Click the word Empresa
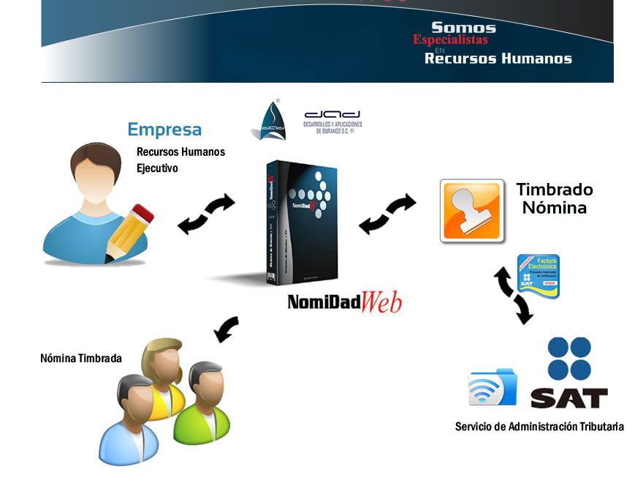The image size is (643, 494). tap(164, 130)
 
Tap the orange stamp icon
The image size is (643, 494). tap(472, 211)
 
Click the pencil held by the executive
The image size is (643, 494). tap(129, 230)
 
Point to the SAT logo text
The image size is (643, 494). tap(568, 397)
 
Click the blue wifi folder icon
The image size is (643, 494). tap(493, 388)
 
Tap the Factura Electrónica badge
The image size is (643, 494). tap(539, 276)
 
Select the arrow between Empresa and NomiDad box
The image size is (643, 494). tap(207, 214)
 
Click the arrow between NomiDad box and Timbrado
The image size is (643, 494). tap(387, 214)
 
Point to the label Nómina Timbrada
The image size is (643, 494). tap(81, 359)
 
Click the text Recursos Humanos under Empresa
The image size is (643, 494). tap(180, 152)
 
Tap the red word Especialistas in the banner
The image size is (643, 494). tap(450, 40)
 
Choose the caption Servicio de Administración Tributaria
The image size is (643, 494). tap(539, 427)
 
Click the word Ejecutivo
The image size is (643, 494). tap(157, 168)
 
